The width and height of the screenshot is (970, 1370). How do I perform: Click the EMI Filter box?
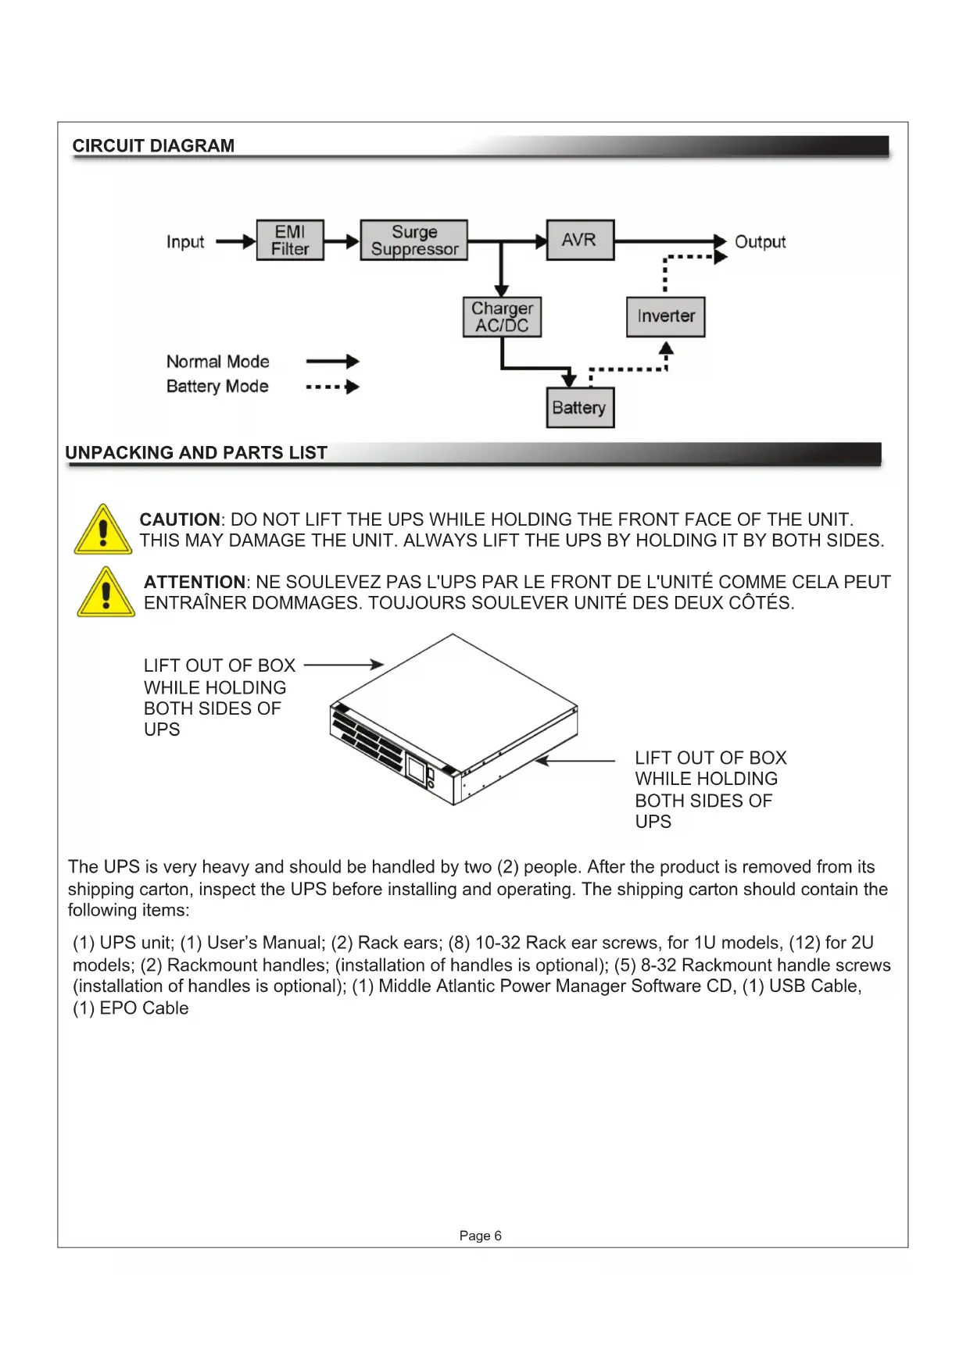pos(290,240)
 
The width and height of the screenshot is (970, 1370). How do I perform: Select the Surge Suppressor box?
pos(413,240)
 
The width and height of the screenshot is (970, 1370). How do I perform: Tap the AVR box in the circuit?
pos(579,240)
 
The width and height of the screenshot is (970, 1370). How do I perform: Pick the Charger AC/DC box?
pos(502,317)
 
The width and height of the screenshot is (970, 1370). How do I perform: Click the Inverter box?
pos(665,316)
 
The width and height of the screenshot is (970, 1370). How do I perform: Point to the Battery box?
pos(579,408)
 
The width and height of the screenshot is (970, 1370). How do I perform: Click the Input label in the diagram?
pos(185,242)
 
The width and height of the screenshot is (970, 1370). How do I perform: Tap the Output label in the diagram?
pos(760,242)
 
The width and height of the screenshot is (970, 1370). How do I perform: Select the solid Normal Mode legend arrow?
pos(332,362)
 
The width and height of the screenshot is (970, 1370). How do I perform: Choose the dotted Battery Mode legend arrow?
pos(332,387)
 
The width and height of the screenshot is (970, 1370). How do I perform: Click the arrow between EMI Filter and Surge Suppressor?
pos(342,242)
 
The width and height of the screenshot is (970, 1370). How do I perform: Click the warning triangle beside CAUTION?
pos(102,530)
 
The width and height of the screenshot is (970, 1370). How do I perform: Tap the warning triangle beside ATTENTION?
pos(106,593)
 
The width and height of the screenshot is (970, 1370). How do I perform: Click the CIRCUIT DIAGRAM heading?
pos(153,146)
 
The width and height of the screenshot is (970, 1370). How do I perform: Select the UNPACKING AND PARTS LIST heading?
pos(196,453)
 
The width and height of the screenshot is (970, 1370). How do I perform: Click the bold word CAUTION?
pos(180,520)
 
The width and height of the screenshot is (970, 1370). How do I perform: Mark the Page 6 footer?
pos(480,1236)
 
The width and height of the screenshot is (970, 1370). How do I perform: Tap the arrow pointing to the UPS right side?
pos(575,760)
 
